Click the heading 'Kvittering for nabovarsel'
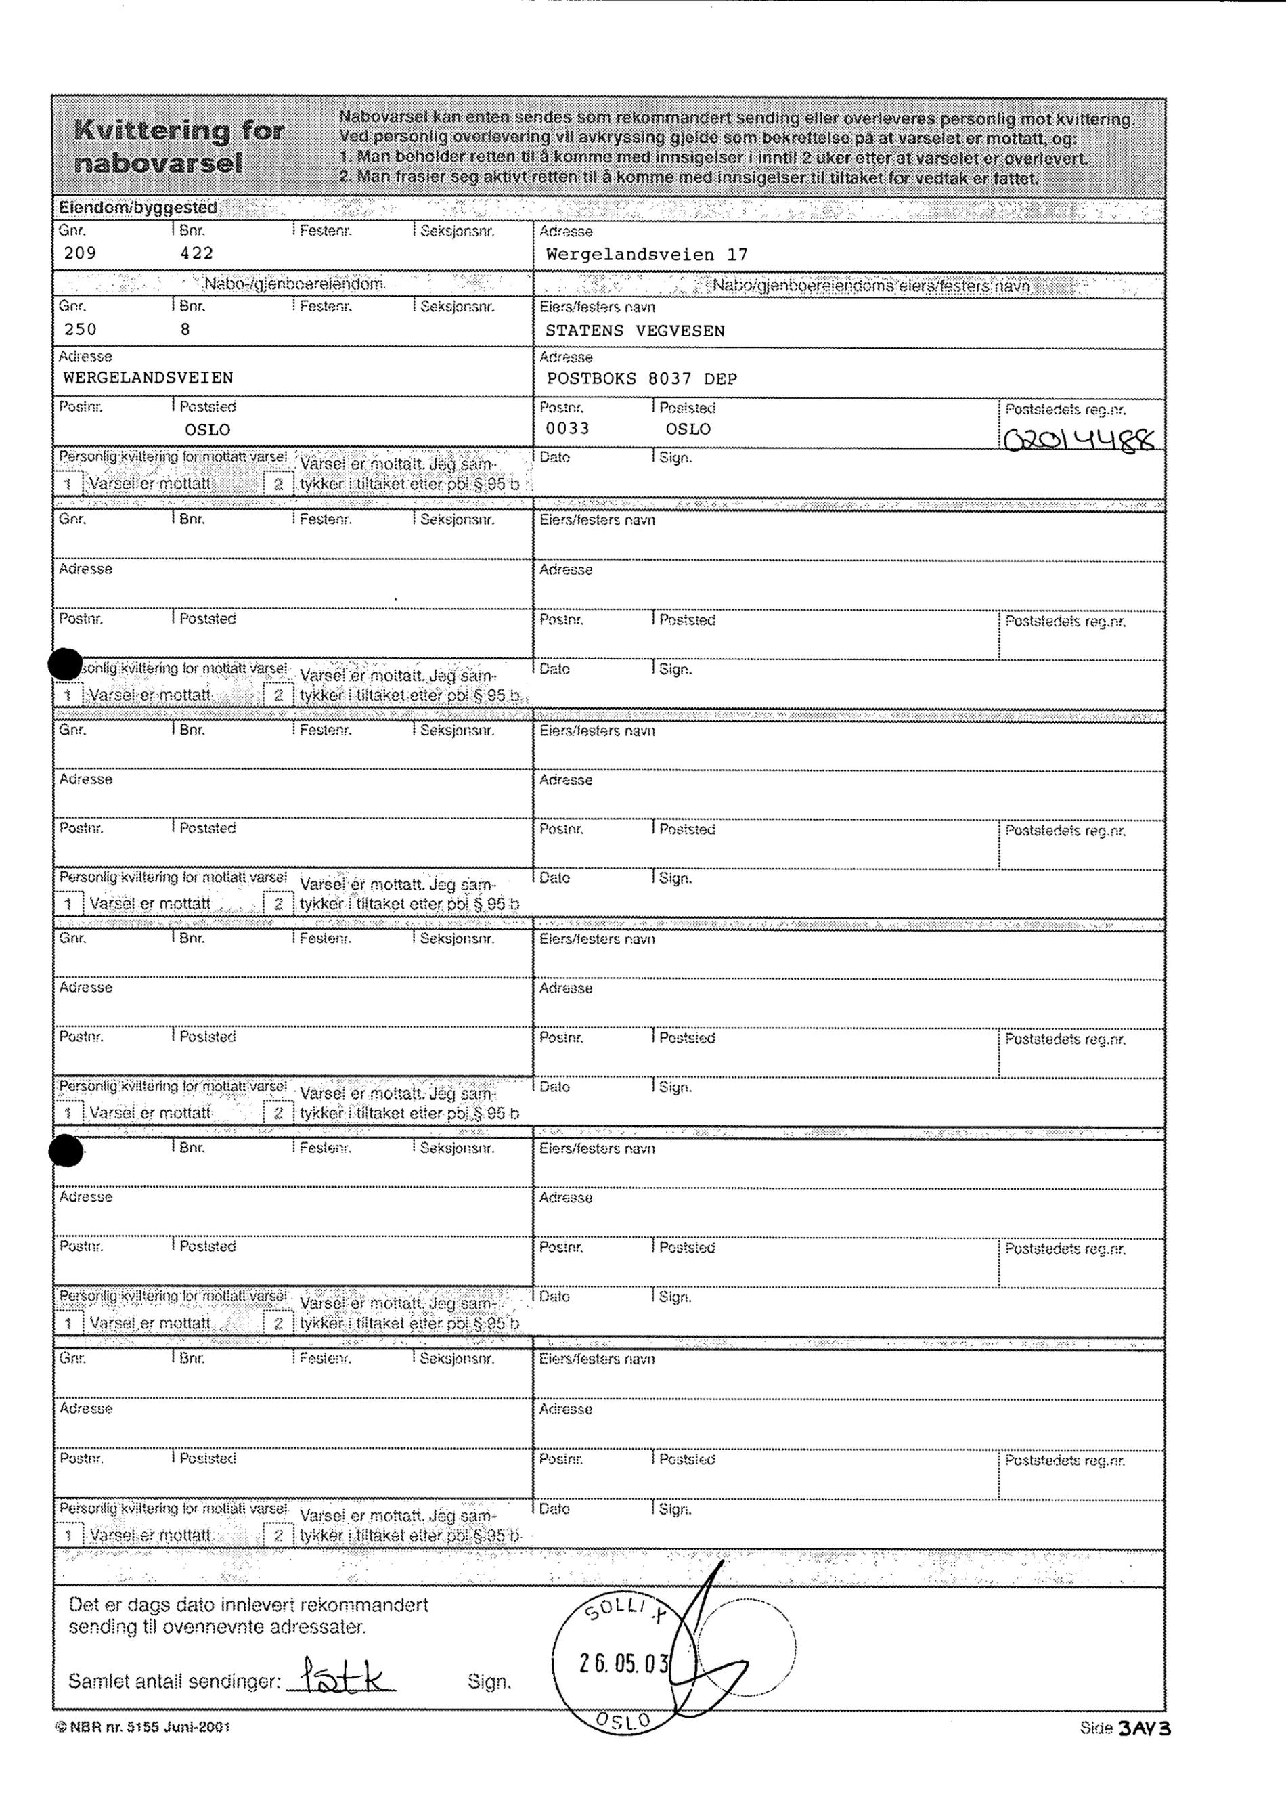(178, 146)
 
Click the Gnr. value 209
(80, 253)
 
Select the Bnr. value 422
(196, 253)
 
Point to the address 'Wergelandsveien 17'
(646, 255)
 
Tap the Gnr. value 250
(80, 329)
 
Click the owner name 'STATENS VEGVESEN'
(635, 330)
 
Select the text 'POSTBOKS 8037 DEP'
(642, 378)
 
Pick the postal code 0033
(567, 429)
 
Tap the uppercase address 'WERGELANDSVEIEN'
(148, 378)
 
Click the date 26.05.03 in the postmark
(624, 1663)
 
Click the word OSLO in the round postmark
(623, 1720)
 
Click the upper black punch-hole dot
(65, 664)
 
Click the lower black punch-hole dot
(66, 1150)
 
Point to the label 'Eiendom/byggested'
(138, 208)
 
